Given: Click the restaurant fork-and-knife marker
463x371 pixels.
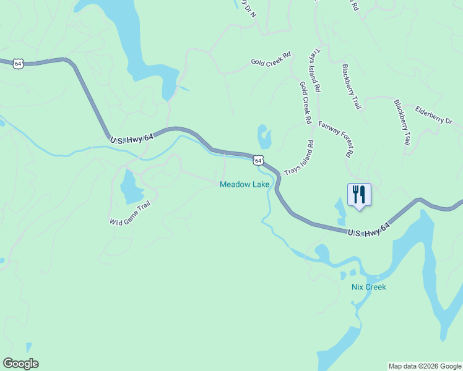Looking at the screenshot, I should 359,194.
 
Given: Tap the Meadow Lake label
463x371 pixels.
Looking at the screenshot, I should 244,185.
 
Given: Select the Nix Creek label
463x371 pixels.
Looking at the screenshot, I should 368,287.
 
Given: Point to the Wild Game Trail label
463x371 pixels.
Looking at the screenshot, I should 130,213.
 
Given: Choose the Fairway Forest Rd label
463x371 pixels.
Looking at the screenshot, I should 337,138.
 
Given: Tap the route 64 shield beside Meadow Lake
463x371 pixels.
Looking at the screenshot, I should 258,160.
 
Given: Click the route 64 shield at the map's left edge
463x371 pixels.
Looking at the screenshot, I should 19,63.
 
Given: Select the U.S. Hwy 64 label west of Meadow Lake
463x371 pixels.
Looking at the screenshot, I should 132,140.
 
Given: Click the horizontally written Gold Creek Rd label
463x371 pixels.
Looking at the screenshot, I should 270,60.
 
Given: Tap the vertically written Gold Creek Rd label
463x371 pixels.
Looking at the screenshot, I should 305,103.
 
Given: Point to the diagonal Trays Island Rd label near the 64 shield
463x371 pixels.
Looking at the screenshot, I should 299,158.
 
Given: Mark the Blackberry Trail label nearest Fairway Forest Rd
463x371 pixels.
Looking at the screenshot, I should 351,87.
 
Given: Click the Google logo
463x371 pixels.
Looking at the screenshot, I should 20,364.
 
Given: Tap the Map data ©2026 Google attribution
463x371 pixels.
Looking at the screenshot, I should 425,366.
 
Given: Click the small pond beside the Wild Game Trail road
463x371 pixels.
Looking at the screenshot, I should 130,187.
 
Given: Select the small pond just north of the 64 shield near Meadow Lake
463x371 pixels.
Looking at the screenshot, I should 264,137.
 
